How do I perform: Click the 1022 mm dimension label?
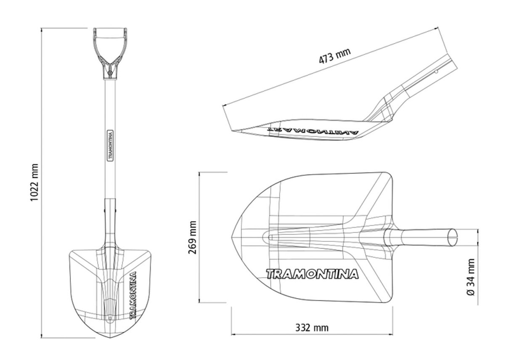34,182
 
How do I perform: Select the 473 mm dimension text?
335,56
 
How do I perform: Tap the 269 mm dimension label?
192,237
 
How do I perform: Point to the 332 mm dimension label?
312,328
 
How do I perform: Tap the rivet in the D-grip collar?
110,72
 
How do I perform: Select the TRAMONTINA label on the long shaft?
110,146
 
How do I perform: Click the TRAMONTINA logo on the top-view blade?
312,274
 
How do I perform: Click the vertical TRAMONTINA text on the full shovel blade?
133,295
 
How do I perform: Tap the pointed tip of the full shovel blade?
110,338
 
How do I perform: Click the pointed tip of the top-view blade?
232,237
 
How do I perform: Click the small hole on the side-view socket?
436,71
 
